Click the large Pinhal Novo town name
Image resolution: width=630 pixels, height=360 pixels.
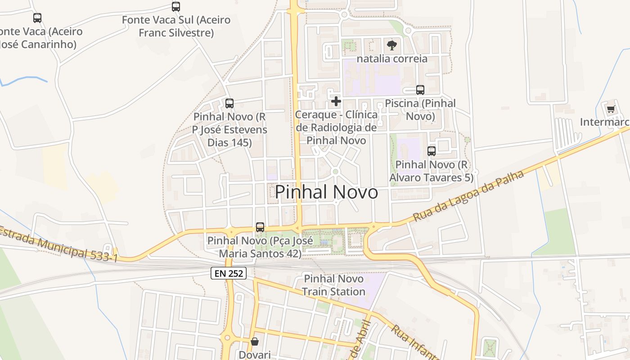[x=326, y=193]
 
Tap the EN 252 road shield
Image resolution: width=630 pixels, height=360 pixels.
[x=229, y=273]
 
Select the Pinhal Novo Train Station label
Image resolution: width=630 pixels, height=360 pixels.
[x=333, y=285]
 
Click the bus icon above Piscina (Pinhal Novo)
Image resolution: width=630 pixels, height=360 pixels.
[x=420, y=90]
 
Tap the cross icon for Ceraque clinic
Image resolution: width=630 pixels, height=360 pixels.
[x=336, y=101]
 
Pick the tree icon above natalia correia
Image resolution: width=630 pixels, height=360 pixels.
[x=392, y=45]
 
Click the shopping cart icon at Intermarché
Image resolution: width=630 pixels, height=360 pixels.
[x=611, y=109]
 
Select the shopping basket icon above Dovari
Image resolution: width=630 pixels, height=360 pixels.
[x=255, y=342]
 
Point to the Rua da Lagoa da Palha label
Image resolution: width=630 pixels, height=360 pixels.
[x=468, y=196]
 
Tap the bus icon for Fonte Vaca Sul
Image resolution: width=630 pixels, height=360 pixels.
[x=176, y=7]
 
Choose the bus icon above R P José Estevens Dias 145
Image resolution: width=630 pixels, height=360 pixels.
[x=229, y=103]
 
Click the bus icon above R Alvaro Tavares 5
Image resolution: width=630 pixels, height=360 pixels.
[x=432, y=151]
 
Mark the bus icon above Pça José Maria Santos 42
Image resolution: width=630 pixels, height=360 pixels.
[x=260, y=227]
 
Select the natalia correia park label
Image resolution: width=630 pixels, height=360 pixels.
[x=392, y=58]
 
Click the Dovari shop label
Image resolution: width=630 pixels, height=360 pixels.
[x=255, y=355]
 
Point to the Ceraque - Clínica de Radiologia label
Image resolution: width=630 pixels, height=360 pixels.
[x=336, y=127]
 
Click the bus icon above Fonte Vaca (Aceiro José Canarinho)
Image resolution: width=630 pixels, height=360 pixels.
[x=37, y=18]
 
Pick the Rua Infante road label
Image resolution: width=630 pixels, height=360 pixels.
[x=414, y=342]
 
